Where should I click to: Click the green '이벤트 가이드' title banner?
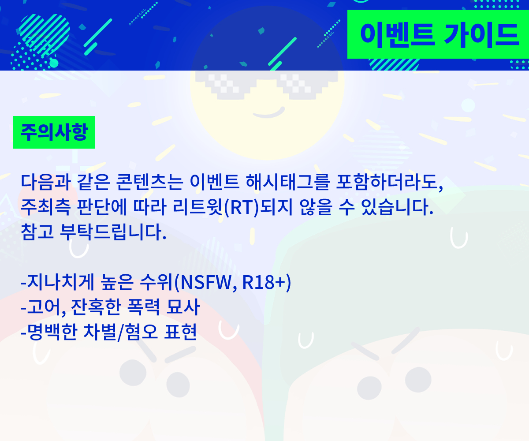tap(439, 34)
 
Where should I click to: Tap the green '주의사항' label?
tap(54, 132)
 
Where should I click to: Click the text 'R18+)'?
tap(267, 283)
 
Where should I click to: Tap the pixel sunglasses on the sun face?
tap(266, 83)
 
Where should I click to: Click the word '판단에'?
tap(97, 206)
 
